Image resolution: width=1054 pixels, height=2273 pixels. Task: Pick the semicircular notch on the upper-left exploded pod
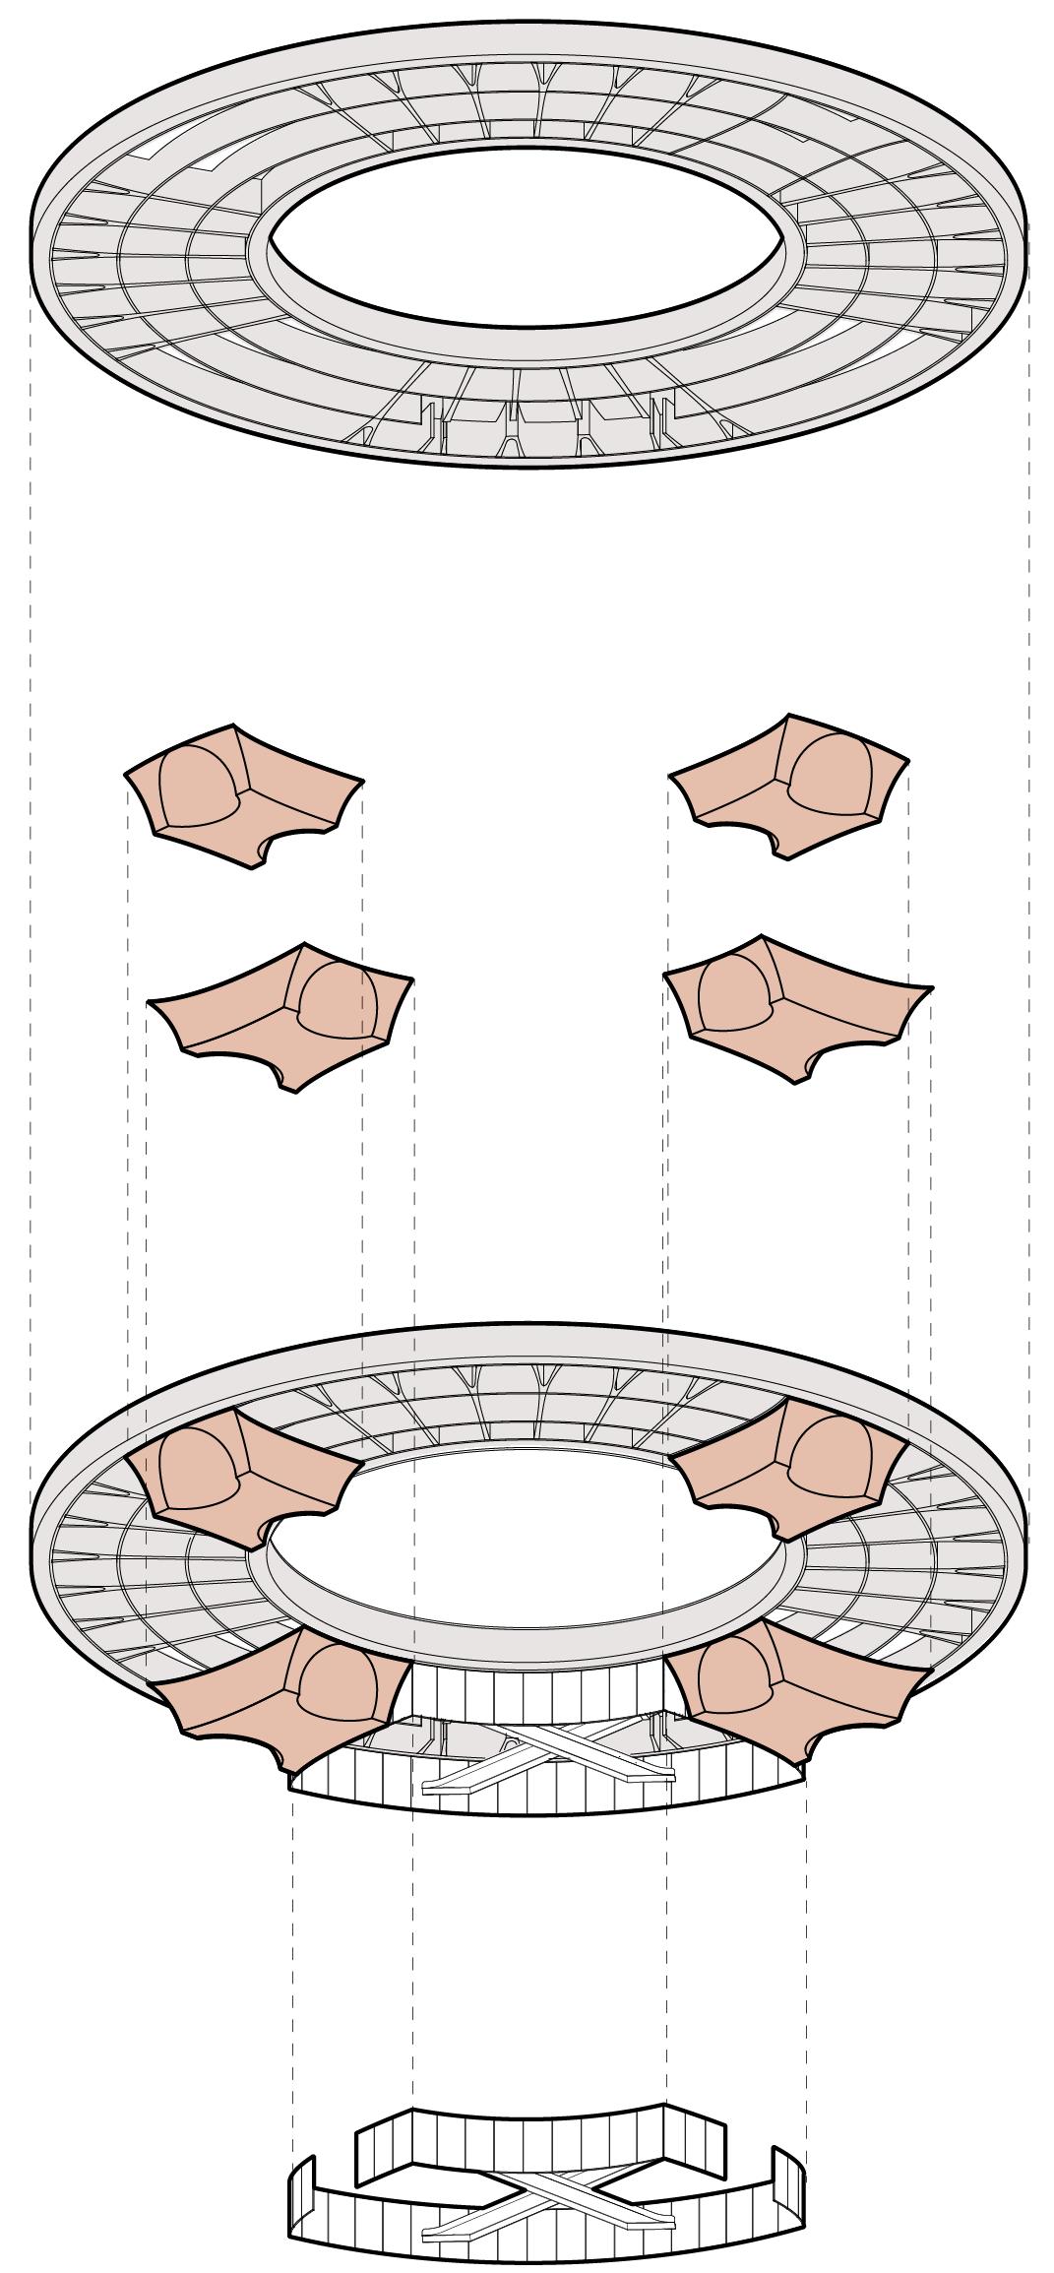pos(263,852)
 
